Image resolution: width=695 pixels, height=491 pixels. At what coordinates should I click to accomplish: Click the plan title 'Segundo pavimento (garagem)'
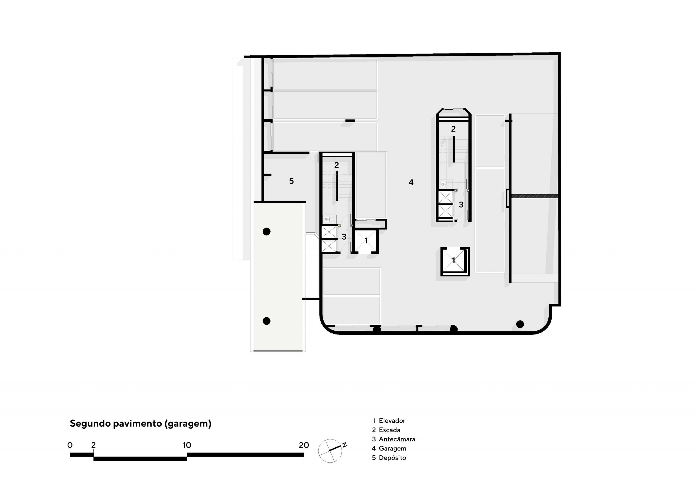pyautogui.click(x=140, y=424)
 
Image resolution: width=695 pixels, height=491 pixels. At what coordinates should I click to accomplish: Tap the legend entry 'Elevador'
pyautogui.click(x=392, y=420)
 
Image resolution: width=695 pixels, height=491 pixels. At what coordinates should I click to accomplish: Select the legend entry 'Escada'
pyautogui.click(x=390, y=430)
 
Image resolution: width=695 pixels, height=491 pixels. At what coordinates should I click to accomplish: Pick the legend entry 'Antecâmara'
pyautogui.click(x=397, y=439)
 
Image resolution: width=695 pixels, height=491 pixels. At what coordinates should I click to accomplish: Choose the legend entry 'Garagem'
pyautogui.click(x=393, y=449)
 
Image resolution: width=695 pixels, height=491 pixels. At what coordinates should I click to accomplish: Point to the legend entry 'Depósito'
pyautogui.click(x=392, y=458)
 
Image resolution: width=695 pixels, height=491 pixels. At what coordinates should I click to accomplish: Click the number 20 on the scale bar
pyautogui.click(x=304, y=445)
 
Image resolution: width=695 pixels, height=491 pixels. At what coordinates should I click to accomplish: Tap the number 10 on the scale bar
pyautogui.click(x=187, y=445)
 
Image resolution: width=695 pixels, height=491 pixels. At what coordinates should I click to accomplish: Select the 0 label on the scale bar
pyautogui.click(x=70, y=445)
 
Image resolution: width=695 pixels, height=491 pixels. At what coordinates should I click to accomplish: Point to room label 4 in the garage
pyautogui.click(x=411, y=182)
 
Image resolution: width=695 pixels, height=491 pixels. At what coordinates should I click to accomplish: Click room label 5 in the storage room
pyautogui.click(x=291, y=181)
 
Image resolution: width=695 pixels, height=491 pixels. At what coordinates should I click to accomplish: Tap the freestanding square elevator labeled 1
pyautogui.click(x=455, y=262)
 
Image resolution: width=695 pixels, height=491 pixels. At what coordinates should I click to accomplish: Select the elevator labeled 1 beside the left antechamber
pyautogui.click(x=365, y=241)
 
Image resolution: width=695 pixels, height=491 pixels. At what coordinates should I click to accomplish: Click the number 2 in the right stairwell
pyautogui.click(x=453, y=129)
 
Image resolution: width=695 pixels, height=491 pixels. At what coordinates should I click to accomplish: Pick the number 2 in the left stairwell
pyautogui.click(x=337, y=165)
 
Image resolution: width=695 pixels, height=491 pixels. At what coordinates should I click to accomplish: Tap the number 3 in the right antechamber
pyautogui.click(x=461, y=205)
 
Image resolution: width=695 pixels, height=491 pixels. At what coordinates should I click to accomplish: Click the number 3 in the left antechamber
pyautogui.click(x=344, y=237)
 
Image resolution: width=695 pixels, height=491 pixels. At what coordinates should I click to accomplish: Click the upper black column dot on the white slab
pyautogui.click(x=266, y=232)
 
